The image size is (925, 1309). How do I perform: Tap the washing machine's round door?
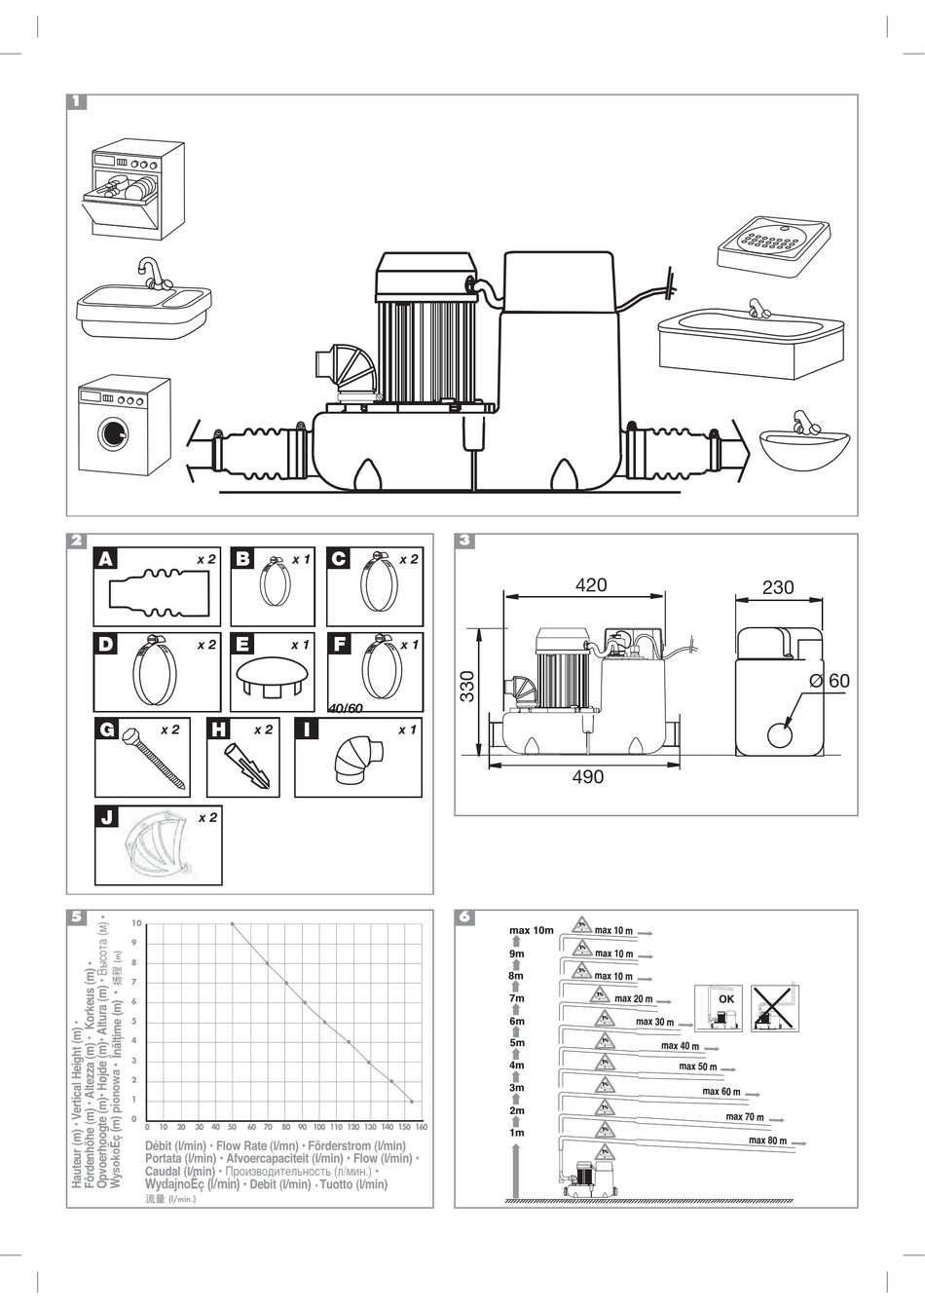[115, 433]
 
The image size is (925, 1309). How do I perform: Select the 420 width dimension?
[591, 585]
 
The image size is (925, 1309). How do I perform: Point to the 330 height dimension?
[467, 688]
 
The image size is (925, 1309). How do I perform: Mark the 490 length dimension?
[588, 777]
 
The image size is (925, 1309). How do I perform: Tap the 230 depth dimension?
[778, 587]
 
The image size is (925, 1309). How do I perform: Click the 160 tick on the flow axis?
[421, 1127]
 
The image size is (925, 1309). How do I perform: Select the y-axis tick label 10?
[137, 923]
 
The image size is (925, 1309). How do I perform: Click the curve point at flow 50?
[232, 923]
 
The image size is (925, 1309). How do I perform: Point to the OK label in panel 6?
[725, 999]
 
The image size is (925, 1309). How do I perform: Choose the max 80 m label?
[768, 1141]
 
